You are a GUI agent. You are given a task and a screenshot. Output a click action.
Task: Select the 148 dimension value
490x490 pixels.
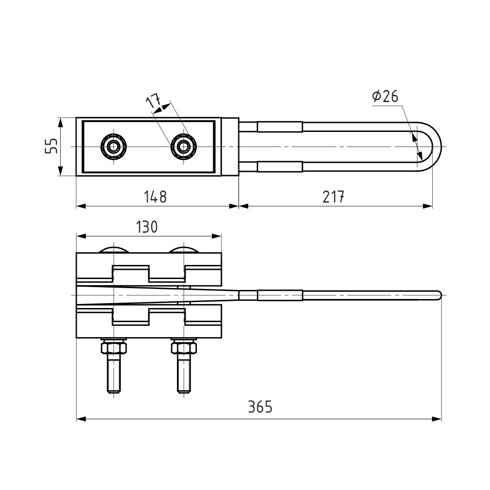(155, 197)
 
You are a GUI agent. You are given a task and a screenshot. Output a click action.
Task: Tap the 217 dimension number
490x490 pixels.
(333, 197)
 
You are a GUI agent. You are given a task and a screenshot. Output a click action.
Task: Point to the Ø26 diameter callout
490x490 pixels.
(385, 96)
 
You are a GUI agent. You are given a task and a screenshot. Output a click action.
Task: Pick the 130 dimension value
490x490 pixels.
(147, 227)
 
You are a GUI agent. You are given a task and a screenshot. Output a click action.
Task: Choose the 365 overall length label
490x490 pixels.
(260, 407)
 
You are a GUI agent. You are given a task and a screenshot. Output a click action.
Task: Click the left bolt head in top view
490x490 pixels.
(113, 146)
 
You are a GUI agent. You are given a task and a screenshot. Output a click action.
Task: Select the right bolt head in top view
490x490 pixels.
(183, 146)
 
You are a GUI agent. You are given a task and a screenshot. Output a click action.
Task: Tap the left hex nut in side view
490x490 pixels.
(113, 347)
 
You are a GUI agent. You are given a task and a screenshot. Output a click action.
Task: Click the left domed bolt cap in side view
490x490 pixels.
(113, 249)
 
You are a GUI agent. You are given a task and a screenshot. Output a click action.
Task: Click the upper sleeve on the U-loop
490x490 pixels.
(280, 127)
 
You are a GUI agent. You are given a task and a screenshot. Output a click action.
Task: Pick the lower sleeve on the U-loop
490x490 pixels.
(280, 167)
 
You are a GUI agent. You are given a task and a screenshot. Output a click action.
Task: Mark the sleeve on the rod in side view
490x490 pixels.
(280, 295)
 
